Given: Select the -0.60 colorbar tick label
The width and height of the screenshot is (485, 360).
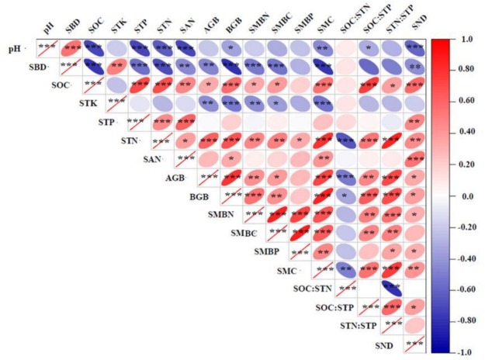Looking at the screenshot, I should pyautogui.click(x=466, y=289).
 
